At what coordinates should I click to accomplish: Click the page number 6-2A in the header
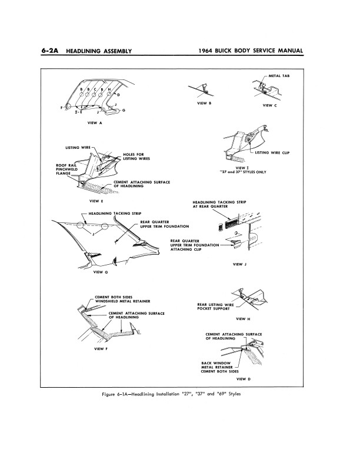pyautogui.click(x=51, y=52)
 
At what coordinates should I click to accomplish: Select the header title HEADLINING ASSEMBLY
pyautogui.click(x=99, y=52)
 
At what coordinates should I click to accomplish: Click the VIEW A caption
pyautogui.click(x=95, y=123)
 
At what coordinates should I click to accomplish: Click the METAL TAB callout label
pyautogui.click(x=279, y=76)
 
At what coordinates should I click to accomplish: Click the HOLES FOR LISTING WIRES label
pyautogui.click(x=133, y=156)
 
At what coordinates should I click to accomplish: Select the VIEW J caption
pyautogui.click(x=239, y=264)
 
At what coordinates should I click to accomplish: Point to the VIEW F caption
pyautogui.click(x=100, y=349)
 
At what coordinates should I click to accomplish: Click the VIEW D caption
pyautogui.click(x=244, y=379)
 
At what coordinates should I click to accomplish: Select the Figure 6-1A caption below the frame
pyautogui.click(x=179, y=394)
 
